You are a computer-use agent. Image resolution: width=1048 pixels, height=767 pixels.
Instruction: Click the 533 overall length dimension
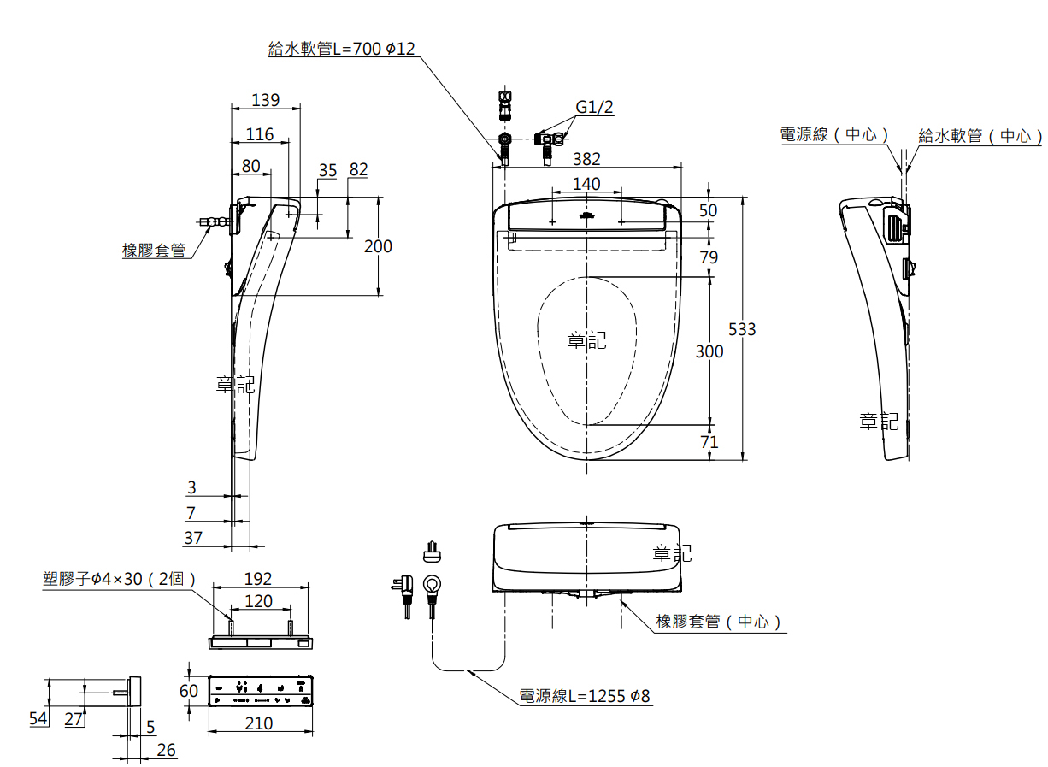(x=742, y=329)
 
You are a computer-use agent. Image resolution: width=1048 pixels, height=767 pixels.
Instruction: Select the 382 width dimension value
(x=586, y=159)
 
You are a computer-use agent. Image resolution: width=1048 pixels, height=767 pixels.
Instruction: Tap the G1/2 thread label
(x=594, y=107)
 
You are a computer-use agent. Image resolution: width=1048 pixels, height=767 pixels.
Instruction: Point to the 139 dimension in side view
(x=265, y=100)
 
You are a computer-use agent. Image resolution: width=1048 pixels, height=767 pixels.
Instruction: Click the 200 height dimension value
(x=378, y=246)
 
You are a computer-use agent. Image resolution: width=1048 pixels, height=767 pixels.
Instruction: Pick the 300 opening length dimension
(x=709, y=351)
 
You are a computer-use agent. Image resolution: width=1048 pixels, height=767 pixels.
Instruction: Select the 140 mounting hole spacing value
(x=586, y=184)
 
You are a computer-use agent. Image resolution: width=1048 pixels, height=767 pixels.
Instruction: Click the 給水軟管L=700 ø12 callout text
(x=342, y=49)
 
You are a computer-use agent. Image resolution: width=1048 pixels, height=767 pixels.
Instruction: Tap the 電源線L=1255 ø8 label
(x=585, y=696)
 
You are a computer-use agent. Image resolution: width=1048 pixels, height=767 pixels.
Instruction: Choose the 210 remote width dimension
(x=259, y=723)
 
